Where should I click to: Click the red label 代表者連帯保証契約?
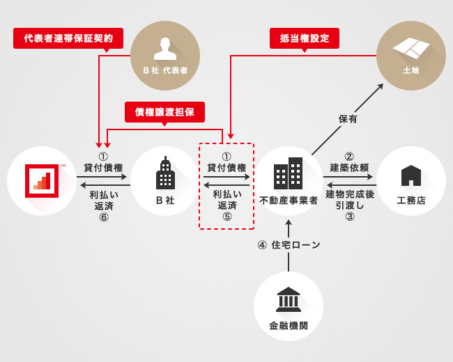68,38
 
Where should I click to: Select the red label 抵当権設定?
305,38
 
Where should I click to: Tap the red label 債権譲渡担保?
164,112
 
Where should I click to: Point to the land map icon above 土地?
411,47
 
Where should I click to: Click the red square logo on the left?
42,181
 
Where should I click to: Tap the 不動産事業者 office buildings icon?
288,173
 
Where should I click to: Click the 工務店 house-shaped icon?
411,175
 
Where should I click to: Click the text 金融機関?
289,325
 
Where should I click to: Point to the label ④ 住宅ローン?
289,245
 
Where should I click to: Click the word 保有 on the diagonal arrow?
348,119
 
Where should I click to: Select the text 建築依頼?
350,168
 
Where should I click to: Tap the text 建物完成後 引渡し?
350,200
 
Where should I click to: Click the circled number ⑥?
103,217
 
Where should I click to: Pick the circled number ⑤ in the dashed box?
227,217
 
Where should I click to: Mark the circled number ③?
350,217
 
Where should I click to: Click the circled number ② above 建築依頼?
350,157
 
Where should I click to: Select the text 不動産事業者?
289,200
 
